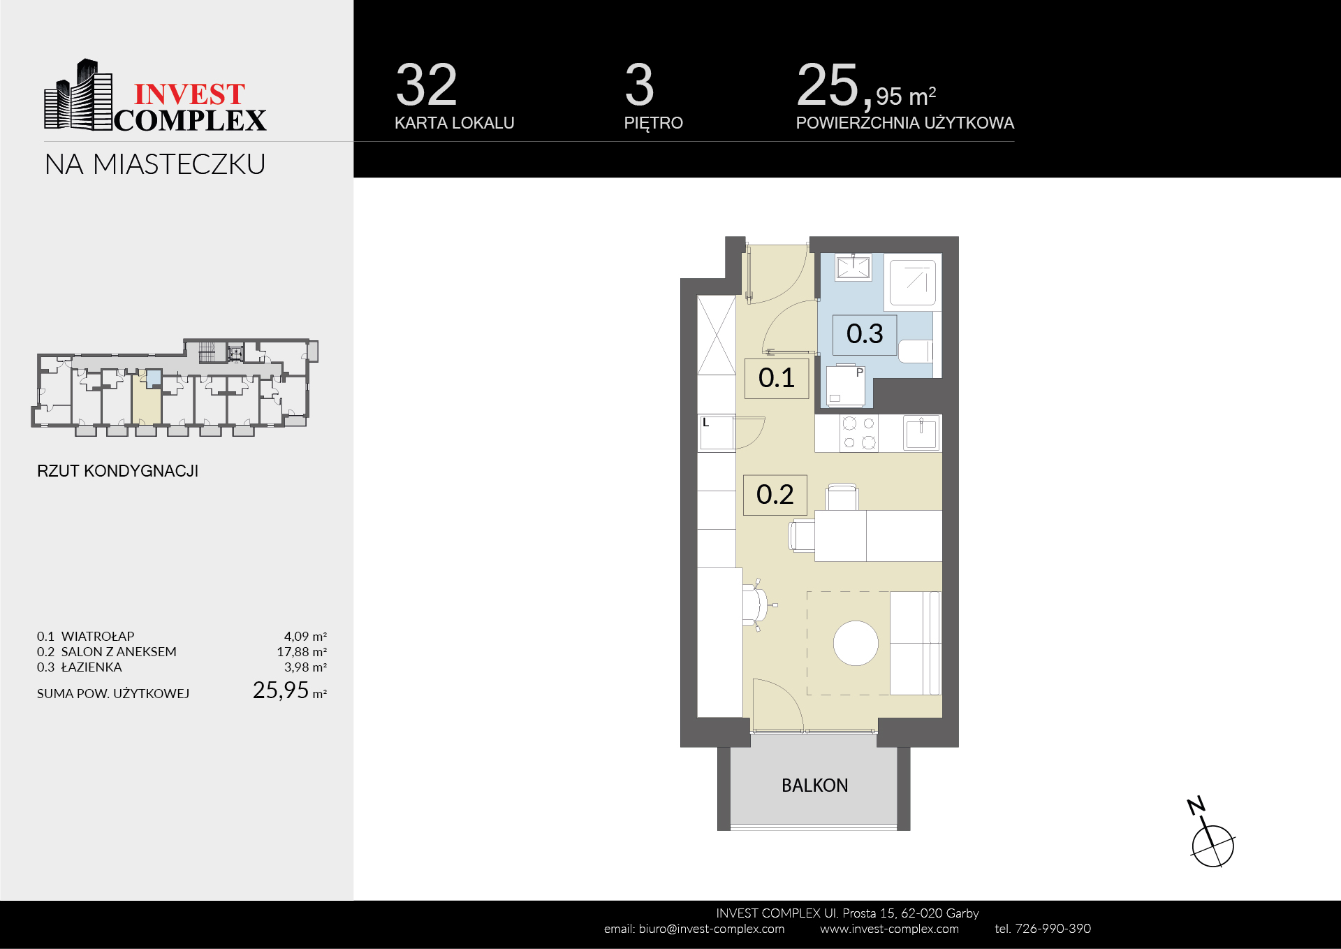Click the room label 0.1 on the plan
point(776,378)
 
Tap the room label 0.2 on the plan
point(775,495)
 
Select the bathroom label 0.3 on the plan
point(865,334)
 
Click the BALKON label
point(814,785)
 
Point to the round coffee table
point(856,643)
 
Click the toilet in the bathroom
point(916,351)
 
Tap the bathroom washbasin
point(853,267)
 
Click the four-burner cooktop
point(859,433)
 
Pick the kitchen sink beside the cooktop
point(921,433)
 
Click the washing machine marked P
point(846,386)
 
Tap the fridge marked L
point(717,433)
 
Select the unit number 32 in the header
point(426,85)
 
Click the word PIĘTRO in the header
point(653,123)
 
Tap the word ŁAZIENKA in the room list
point(91,667)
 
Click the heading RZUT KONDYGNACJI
point(117,471)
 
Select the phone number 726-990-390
point(1053,929)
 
